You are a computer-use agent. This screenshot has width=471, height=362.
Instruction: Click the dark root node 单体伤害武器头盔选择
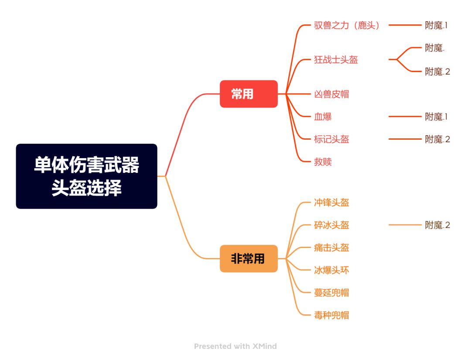[86, 176]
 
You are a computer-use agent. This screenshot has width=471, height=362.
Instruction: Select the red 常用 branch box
[249, 94]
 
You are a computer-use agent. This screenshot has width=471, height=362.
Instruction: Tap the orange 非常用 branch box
[249, 259]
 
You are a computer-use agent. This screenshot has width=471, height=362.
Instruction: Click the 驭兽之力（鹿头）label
[347, 25]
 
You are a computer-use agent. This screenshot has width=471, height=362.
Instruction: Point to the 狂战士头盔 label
[336, 59]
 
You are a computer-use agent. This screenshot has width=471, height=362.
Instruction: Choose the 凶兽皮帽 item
[331, 94]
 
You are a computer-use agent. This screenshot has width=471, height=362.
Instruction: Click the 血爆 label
[323, 117]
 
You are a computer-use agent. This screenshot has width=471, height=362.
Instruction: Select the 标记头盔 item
[331, 139]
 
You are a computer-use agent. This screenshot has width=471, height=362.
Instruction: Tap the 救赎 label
[323, 162]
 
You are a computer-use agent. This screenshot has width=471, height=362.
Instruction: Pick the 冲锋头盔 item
[331, 202]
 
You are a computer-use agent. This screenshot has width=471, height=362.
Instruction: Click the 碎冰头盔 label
[331, 225]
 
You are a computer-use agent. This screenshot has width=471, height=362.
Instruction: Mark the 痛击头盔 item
[331, 248]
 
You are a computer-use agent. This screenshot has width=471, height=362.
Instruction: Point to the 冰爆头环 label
[331, 270]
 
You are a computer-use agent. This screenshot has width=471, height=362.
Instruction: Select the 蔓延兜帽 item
[331, 293]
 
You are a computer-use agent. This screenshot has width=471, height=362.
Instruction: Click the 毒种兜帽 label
[331, 315]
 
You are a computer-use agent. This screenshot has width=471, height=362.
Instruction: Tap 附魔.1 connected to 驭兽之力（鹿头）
[436, 25]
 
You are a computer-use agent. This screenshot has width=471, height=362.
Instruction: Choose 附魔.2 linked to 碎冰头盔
[437, 225]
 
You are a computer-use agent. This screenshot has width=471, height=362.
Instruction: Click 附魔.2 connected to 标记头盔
[437, 139]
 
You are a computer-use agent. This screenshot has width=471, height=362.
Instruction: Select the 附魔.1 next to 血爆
[436, 117]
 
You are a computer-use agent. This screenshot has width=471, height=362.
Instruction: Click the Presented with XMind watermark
[235, 346]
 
